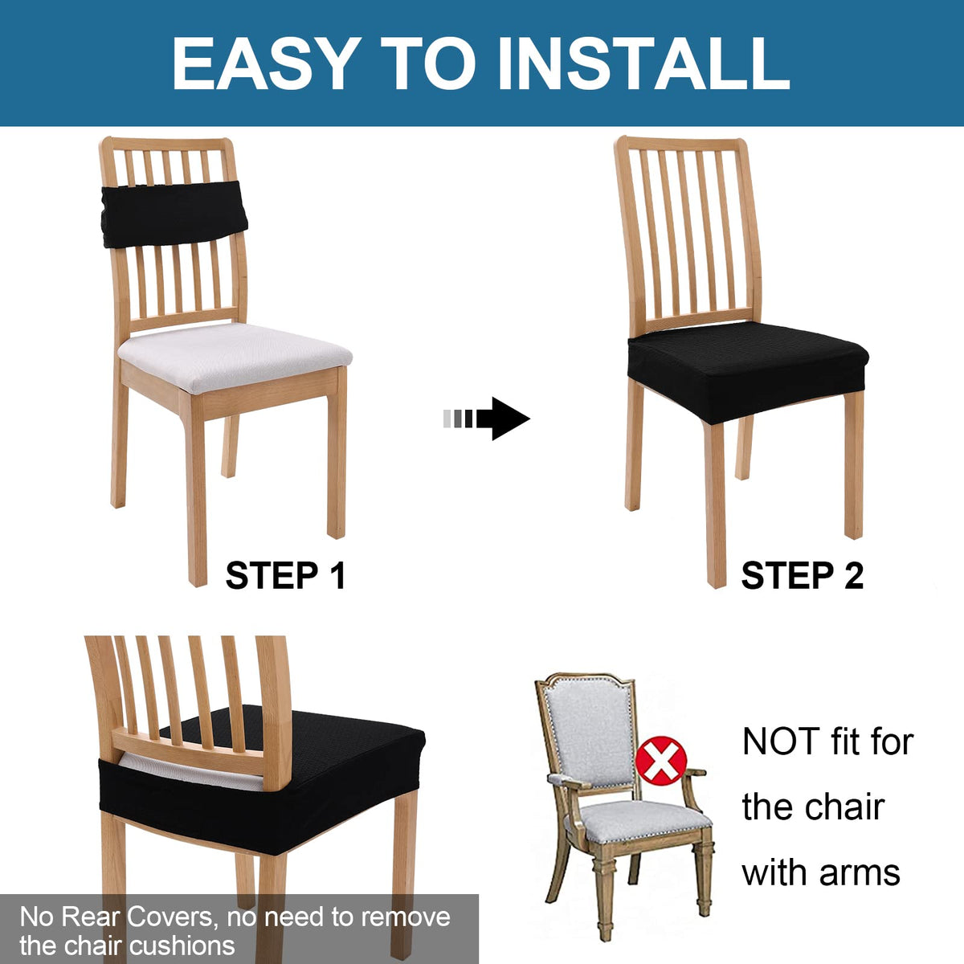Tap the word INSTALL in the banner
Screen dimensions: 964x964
point(643,63)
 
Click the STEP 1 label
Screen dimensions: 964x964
point(285,576)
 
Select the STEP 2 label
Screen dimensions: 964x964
point(803,576)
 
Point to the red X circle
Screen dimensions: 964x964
point(661,761)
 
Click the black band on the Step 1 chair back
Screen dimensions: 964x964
point(174,214)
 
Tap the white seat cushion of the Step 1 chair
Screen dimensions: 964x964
point(234,356)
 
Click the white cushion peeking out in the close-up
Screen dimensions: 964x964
point(190,774)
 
